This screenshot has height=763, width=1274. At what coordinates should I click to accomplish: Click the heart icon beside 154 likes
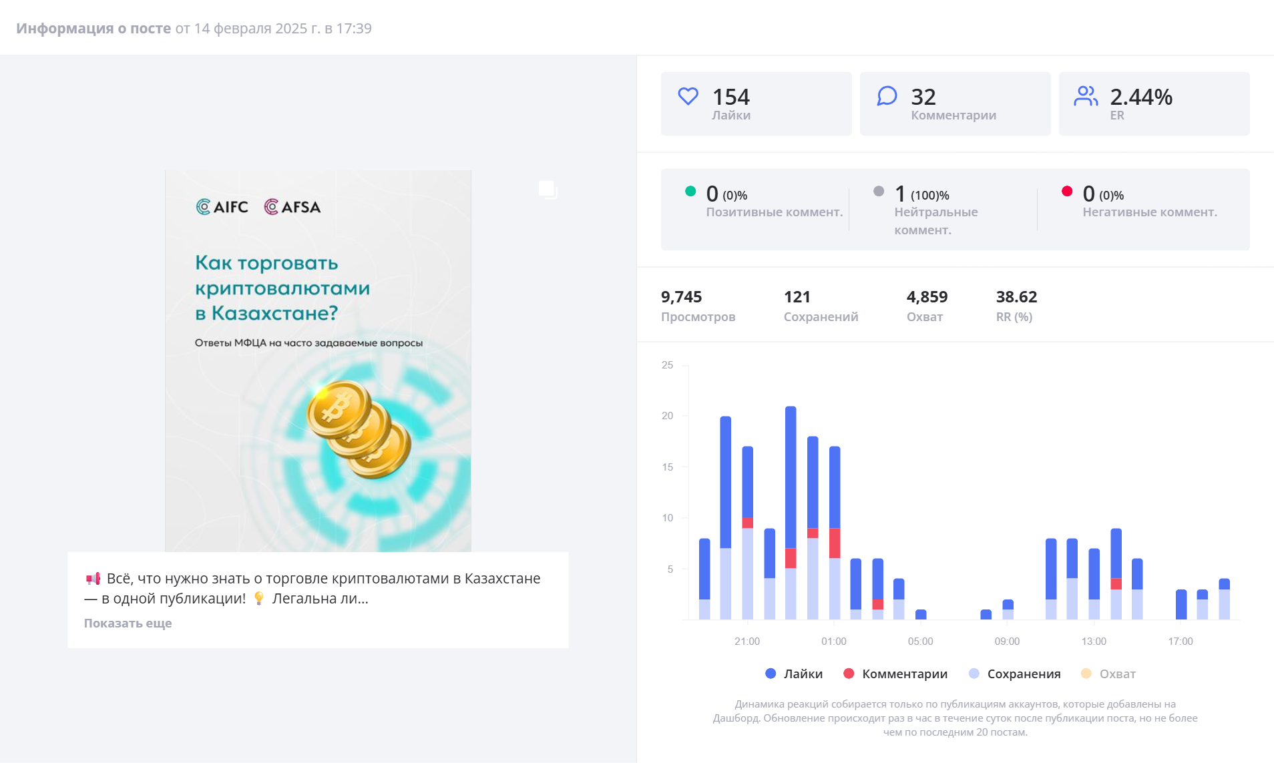[688, 97]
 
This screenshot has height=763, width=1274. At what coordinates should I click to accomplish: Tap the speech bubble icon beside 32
[887, 96]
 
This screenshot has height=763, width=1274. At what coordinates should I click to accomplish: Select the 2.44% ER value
[1140, 97]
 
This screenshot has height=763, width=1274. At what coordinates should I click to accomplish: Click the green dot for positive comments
[690, 192]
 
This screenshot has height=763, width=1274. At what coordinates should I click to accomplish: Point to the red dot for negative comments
[1067, 192]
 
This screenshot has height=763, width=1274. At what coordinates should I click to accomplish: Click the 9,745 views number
[681, 297]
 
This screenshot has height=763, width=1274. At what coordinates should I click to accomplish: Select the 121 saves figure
[797, 297]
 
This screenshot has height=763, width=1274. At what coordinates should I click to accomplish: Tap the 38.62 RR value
[1016, 297]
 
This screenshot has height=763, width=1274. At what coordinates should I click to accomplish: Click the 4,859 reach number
[927, 297]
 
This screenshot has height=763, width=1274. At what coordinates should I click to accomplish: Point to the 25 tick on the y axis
[667, 365]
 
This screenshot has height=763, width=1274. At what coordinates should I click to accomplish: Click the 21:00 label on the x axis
[747, 642]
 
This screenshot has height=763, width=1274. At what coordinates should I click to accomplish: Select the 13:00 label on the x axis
[1094, 642]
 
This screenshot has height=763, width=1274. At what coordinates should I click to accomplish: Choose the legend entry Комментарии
[895, 674]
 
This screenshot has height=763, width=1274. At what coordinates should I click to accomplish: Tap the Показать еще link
[128, 623]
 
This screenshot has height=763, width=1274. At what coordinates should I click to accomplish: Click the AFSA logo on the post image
[292, 207]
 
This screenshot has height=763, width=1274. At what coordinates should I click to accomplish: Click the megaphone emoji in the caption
[93, 579]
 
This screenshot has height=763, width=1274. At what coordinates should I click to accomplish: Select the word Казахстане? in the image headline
[274, 313]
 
